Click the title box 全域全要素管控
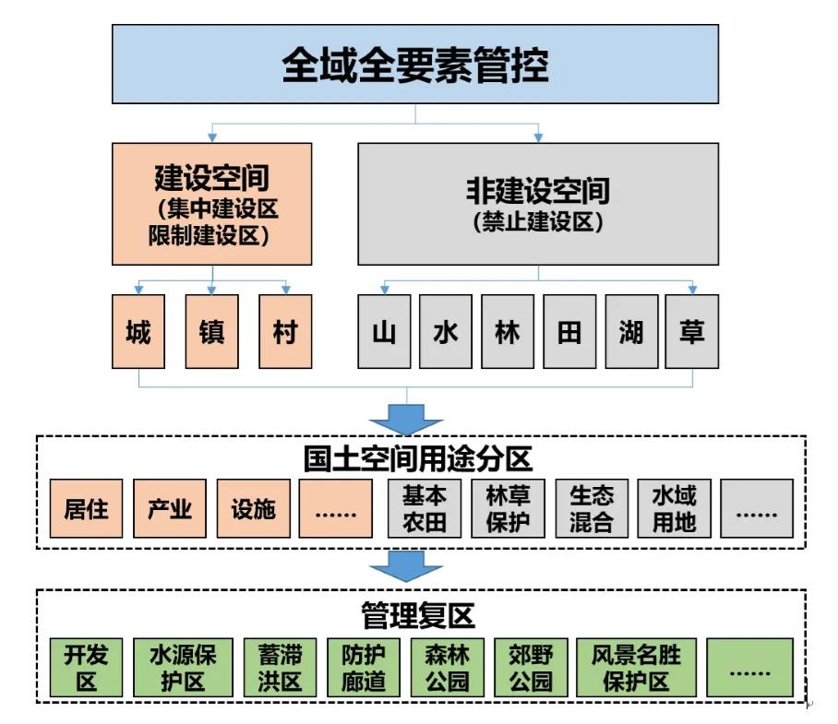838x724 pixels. coord(414,64)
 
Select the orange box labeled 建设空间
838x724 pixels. coord(212,204)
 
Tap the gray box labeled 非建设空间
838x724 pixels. coord(537,204)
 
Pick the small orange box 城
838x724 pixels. coord(138,331)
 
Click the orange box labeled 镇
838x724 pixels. coord(211,331)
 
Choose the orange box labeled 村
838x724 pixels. coord(285,331)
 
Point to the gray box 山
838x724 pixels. coord(384,331)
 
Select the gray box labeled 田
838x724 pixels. coord(569,331)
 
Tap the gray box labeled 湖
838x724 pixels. coord(630,331)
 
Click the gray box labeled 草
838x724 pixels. coord(691,331)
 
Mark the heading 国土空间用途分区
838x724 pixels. coord(418,458)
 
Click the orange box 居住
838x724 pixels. coord(86,508)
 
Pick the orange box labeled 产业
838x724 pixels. coord(169,508)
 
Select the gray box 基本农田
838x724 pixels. coord(424,508)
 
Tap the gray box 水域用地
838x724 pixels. coord(674,508)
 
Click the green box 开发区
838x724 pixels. coord(86,668)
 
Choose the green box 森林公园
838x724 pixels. coord(447,668)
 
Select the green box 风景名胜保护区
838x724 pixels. coord(635,668)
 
